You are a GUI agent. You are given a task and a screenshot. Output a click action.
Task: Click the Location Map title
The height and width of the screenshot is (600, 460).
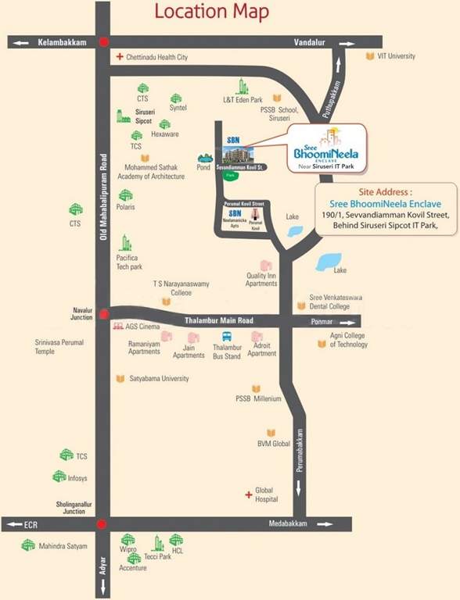pyautogui.click(x=212, y=12)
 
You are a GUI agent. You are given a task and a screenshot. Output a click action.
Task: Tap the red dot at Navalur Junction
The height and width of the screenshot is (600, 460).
pyautogui.click(x=103, y=314)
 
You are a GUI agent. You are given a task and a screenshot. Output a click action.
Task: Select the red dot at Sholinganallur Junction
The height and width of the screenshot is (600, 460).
pyautogui.click(x=101, y=523)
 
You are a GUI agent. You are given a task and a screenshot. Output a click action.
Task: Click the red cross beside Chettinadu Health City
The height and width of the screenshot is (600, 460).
pyautogui.click(x=120, y=57)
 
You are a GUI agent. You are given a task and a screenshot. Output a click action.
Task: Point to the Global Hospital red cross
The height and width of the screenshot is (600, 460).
pyautogui.click(x=249, y=495)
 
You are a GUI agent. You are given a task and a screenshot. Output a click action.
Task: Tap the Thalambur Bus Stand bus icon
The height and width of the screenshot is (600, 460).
pyautogui.click(x=226, y=337)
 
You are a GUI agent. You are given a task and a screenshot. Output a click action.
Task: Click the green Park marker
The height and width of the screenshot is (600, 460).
pyautogui.click(x=230, y=177)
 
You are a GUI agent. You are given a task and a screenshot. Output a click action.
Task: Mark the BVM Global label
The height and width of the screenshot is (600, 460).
pyautogui.click(x=274, y=443)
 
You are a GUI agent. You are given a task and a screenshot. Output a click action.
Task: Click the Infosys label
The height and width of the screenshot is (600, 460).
pyautogui.click(x=78, y=476)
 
